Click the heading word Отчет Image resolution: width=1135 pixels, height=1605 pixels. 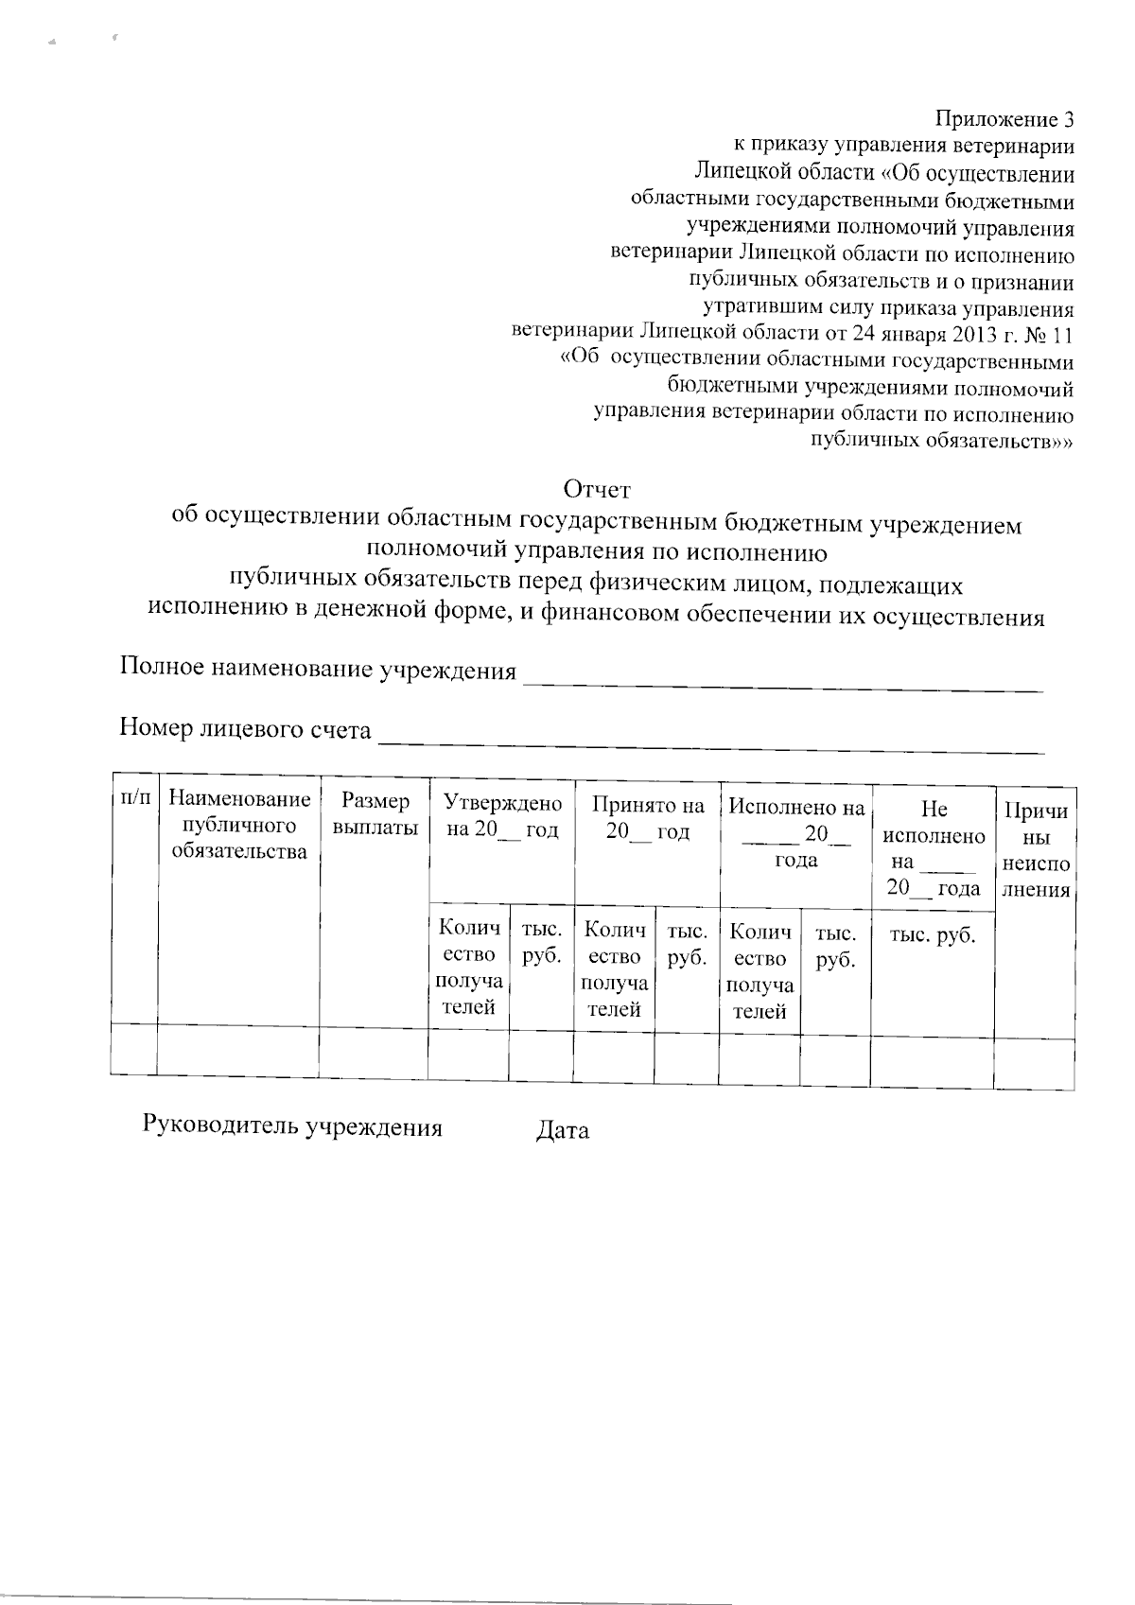click(x=596, y=490)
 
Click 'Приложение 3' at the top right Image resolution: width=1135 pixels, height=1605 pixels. click(x=1004, y=119)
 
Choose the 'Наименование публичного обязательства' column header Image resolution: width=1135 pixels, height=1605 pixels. click(x=239, y=826)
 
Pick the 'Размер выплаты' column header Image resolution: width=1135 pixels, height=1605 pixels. click(x=375, y=814)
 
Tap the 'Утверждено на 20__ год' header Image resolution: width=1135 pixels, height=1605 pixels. click(x=502, y=817)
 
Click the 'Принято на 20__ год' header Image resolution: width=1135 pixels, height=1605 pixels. click(x=648, y=819)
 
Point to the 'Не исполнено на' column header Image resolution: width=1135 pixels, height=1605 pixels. click(x=933, y=848)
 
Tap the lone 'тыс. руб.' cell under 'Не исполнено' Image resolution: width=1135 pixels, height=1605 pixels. click(x=933, y=936)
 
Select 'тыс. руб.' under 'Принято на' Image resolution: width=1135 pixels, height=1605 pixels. click(x=687, y=945)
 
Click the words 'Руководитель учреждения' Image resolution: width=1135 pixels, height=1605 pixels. click(x=292, y=1126)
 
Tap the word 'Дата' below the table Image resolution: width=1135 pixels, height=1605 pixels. click(x=562, y=1130)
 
